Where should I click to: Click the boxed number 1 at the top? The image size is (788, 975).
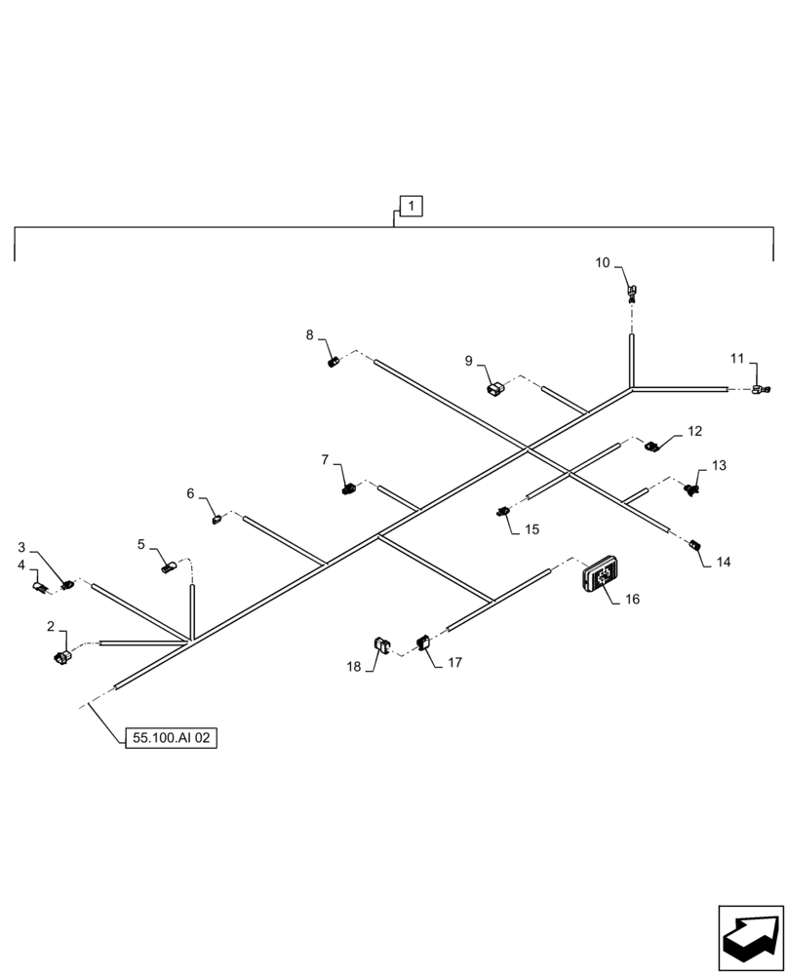(412, 206)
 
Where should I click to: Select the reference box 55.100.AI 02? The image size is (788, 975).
(171, 738)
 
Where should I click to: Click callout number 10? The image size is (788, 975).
(602, 263)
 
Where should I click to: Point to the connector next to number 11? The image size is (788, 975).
(760, 390)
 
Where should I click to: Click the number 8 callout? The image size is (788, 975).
(310, 335)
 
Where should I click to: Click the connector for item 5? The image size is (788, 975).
(168, 566)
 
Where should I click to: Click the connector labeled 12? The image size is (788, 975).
(651, 447)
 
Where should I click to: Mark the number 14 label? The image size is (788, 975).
(723, 563)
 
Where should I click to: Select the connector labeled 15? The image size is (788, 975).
(503, 510)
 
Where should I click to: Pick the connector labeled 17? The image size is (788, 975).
(424, 643)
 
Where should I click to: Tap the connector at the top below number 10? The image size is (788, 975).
(632, 291)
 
